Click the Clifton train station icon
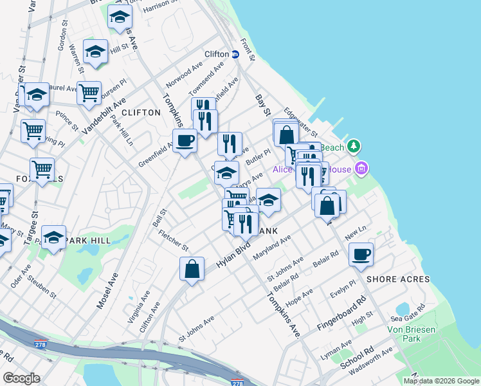[235, 55]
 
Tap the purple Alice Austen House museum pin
[361, 169]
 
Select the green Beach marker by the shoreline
[353, 147]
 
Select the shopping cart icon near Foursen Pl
[89, 92]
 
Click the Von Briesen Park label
[412, 333]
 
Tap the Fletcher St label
[174, 241]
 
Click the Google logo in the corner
[21, 378]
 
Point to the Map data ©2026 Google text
[441, 381]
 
